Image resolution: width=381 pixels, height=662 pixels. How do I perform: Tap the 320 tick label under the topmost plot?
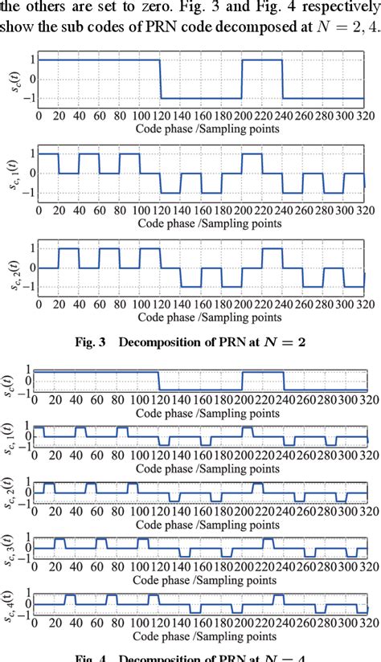[364, 114]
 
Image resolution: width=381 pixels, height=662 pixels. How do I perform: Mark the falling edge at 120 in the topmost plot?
[160, 80]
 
